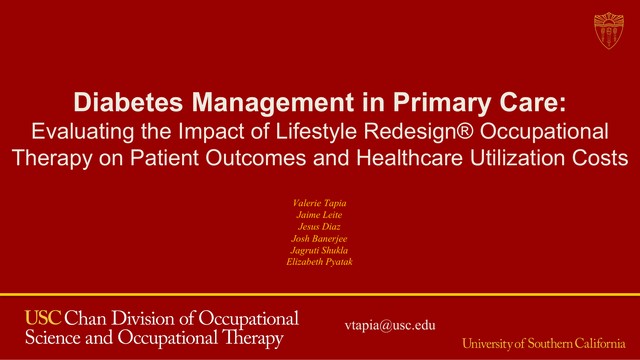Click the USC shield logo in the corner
(609, 31)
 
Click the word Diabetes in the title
(128, 102)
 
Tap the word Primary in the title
(441, 103)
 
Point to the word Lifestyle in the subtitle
(316, 132)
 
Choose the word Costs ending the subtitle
(600, 158)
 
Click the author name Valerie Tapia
(319, 203)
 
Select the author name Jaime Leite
(319, 215)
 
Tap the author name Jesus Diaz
(319, 227)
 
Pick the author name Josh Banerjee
(319, 238)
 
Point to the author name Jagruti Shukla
(319, 250)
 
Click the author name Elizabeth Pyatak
(319, 262)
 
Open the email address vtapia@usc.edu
(390, 325)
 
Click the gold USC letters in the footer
(43, 318)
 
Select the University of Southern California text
(544, 343)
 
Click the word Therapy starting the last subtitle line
(52, 159)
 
